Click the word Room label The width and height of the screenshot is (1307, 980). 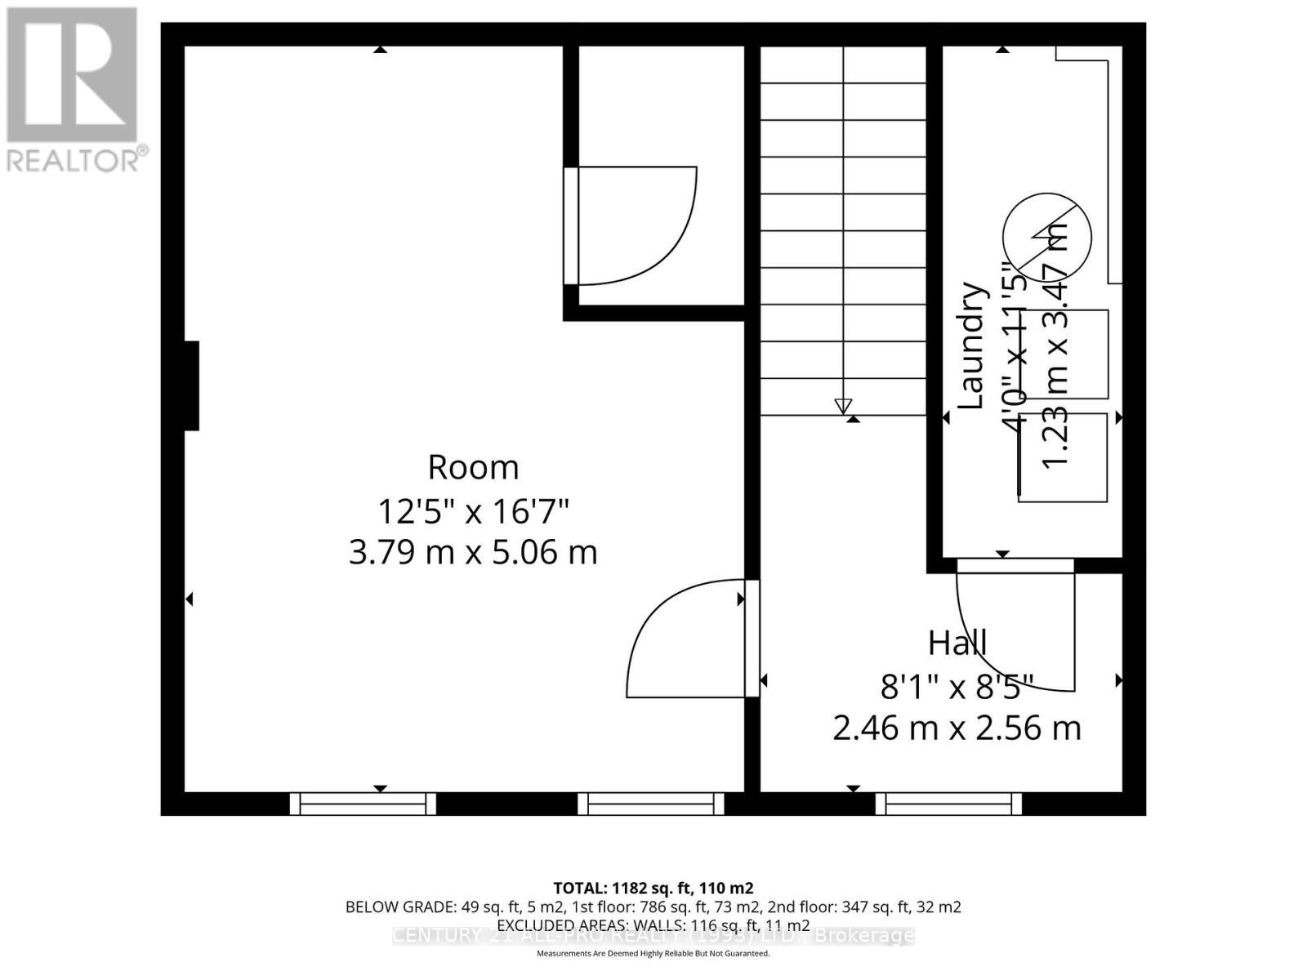click(473, 468)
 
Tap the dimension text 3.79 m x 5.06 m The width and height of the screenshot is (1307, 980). click(473, 553)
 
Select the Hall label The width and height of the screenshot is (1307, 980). click(957, 644)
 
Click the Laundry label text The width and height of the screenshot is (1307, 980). click(970, 345)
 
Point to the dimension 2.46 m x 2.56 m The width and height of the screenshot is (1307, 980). click(957, 728)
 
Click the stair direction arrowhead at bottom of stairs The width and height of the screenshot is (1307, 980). click(843, 406)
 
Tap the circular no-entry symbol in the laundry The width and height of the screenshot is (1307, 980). click(1046, 238)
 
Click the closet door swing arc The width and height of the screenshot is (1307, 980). click(653, 237)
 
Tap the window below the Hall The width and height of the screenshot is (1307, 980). click(948, 804)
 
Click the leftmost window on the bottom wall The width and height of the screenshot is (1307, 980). click(363, 804)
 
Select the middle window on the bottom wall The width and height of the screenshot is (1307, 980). click(651, 804)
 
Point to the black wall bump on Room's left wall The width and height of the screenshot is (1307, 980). click(191, 385)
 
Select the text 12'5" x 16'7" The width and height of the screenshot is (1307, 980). click(473, 513)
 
